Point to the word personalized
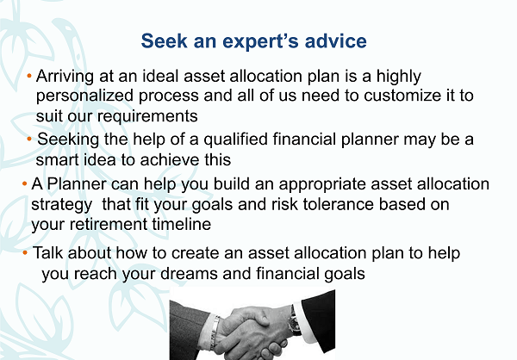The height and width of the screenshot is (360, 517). (84, 96)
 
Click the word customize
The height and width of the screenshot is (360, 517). (402, 96)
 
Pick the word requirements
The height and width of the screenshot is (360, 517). (147, 116)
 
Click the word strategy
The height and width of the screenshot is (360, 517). (62, 205)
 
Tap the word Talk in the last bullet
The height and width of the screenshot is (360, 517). (48, 253)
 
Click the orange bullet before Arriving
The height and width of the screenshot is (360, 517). (29, 77)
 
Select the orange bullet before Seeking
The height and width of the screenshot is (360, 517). (29, 140)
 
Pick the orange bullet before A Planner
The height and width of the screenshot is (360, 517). (25, 183)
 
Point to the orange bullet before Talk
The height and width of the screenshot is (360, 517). (25, 253)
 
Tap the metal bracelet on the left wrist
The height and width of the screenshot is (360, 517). (215, 332)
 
